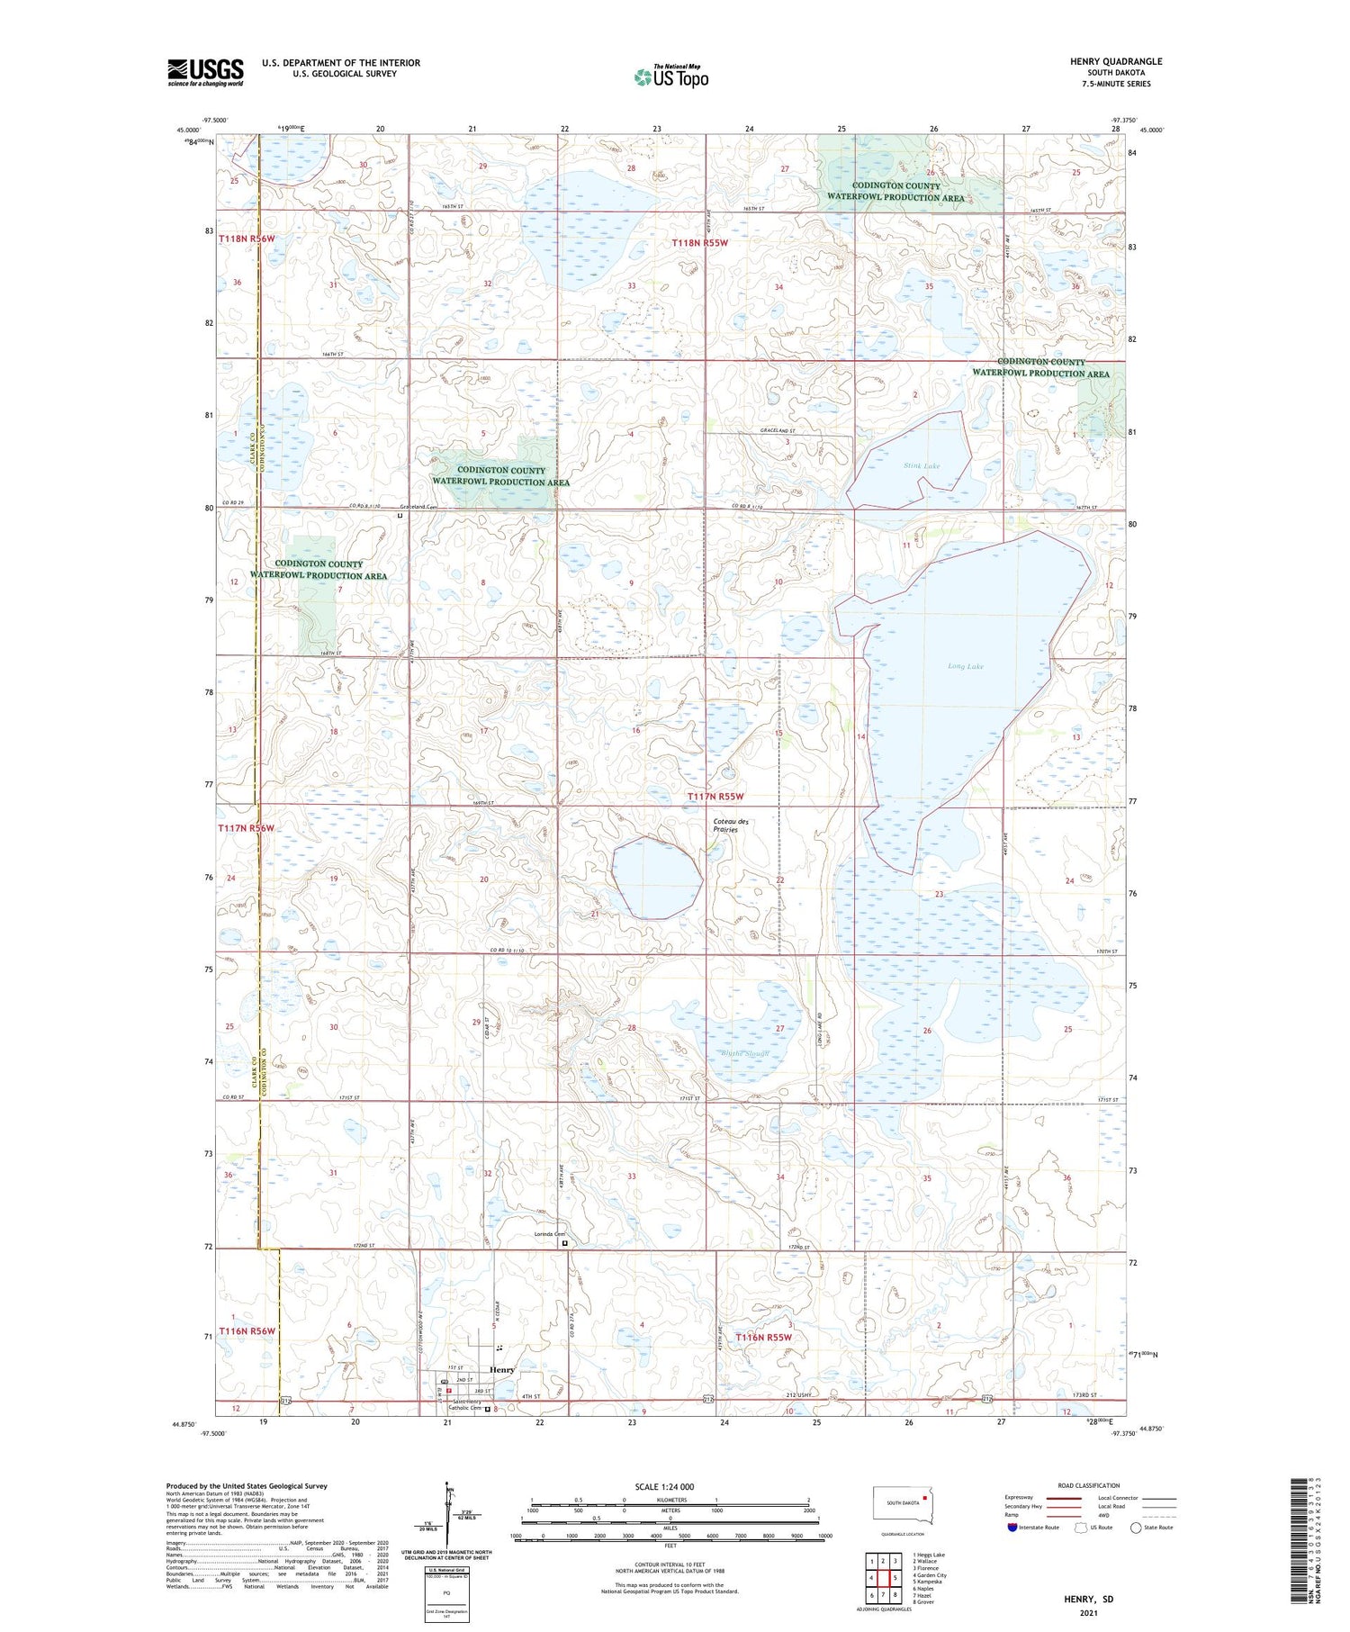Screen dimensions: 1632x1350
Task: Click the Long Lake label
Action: click(x=965, y=667)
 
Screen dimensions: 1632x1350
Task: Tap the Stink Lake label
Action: click(x=921, y=465)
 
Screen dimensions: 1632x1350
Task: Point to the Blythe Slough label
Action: click(x=744, y=1053)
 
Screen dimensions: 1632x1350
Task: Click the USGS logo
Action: click(x=205, y=72)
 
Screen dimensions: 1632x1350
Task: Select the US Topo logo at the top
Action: click(x=670, y=77)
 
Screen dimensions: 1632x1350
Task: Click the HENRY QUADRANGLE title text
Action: click(x=1116, y=61)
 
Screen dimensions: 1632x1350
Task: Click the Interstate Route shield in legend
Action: click(x=1012, y=1528)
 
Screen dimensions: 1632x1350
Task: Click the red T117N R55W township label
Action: click(x=715, y=797)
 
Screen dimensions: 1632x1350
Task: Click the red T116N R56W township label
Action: click(x=247, y=1330)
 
